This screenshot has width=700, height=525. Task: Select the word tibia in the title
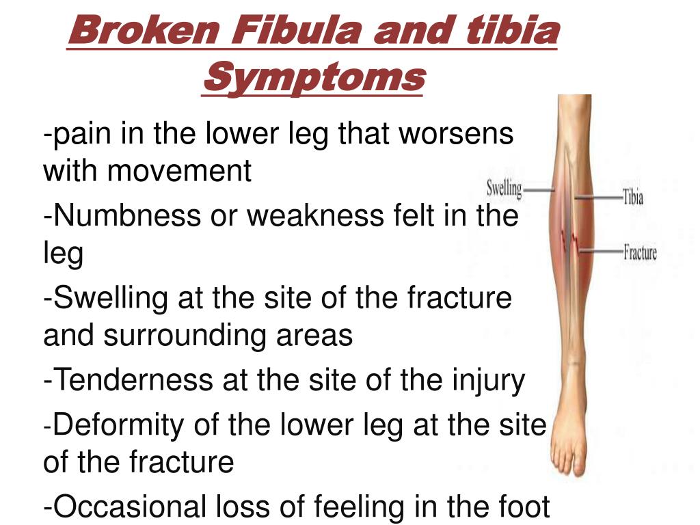pyautogui.click(x=513, y=30)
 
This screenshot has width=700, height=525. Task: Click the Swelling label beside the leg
pyautogui.click(x=504, y=189)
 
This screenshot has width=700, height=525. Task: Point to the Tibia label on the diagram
pyautogui.click(x=633, y=196)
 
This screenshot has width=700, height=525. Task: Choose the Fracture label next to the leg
pyautogui.click(x=640, y=252)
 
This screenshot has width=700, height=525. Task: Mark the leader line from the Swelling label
pyautogui.click(x=539, y=190)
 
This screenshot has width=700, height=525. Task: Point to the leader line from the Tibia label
pyautogui.click(x=598, y=197)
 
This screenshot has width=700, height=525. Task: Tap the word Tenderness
pyautogui.click(x=133, y=379)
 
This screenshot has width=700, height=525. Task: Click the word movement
pyautogui.click(x=179, y=170)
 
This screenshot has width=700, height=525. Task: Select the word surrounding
pyautogui.click(x=183, y=336)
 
